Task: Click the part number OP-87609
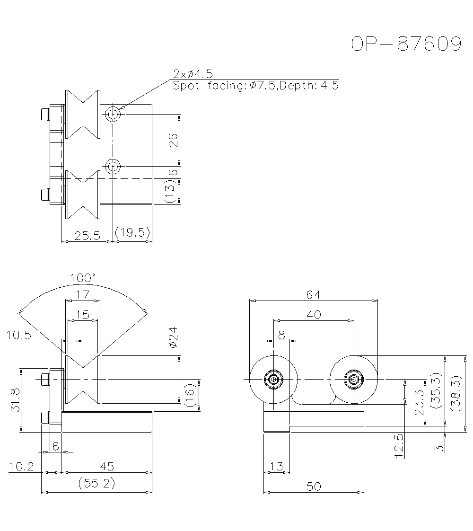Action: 406,44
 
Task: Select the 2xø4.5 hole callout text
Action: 193,73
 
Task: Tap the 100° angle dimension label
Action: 83,277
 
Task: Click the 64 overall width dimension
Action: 313,294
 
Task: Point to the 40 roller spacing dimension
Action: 314,314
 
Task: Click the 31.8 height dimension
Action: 14,400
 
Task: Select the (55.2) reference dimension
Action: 96,484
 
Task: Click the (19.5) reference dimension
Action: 133,232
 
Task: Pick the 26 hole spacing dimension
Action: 174,140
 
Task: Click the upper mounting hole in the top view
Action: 113,114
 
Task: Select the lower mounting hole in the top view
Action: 113,166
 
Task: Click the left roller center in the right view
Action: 273,379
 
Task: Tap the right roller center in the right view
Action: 353,379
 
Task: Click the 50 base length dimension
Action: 313,486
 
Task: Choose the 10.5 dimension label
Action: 19,335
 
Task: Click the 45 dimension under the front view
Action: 107,466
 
